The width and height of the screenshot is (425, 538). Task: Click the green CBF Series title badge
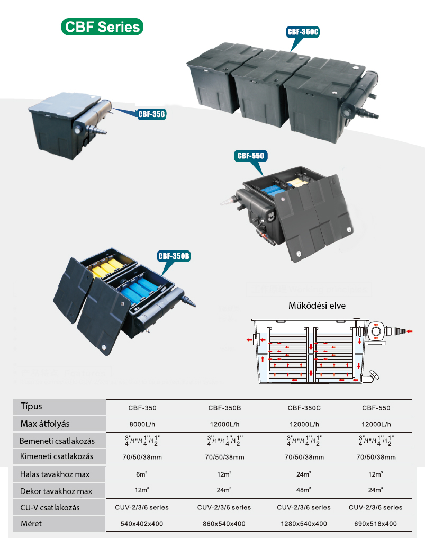(102, 26)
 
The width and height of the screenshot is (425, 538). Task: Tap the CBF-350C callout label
(303, 32)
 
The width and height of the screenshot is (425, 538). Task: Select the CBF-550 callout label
(250, 156)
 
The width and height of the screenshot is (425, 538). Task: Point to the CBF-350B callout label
(174, 256)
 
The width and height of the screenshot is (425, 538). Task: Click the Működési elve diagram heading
(317, 306)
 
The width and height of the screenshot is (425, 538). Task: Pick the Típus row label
(31, 407)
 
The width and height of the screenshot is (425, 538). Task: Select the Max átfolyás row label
(45, 424)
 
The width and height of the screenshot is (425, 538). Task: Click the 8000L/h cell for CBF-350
(142, 424)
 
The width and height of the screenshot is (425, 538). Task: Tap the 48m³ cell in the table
(304, 491)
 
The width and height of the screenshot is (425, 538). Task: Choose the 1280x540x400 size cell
(304, 524)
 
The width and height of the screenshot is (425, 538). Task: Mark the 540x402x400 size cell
(142, 524)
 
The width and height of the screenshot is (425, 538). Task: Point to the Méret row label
(31, 524)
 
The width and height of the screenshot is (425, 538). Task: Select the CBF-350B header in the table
(224, 408)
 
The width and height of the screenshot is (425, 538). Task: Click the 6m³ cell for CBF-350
(142, 474)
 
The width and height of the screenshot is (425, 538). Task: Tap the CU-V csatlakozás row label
(50, 507)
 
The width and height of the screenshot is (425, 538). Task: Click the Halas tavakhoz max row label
(55, 474)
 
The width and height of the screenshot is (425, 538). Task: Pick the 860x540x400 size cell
(224, 524)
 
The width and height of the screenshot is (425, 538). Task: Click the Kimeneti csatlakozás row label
(56, 456)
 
